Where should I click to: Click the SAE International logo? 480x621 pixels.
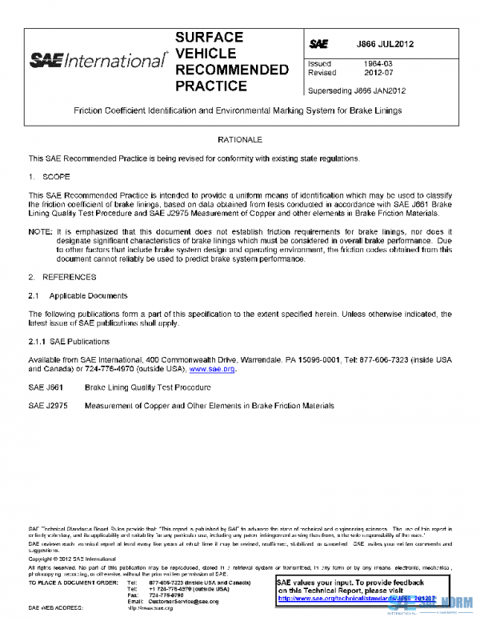[98, 61]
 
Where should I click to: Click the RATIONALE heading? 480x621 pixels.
[240, 139]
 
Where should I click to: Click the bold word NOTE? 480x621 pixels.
[40, 231]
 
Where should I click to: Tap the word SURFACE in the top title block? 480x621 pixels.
[209, 38]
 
